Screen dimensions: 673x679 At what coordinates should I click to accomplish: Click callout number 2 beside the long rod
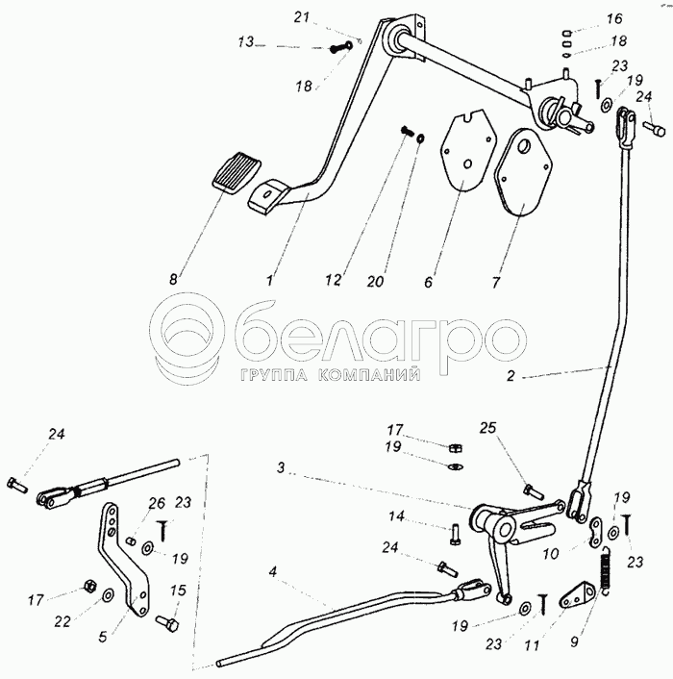(511, 378)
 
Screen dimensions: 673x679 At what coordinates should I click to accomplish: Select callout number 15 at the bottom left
(179, 591)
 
